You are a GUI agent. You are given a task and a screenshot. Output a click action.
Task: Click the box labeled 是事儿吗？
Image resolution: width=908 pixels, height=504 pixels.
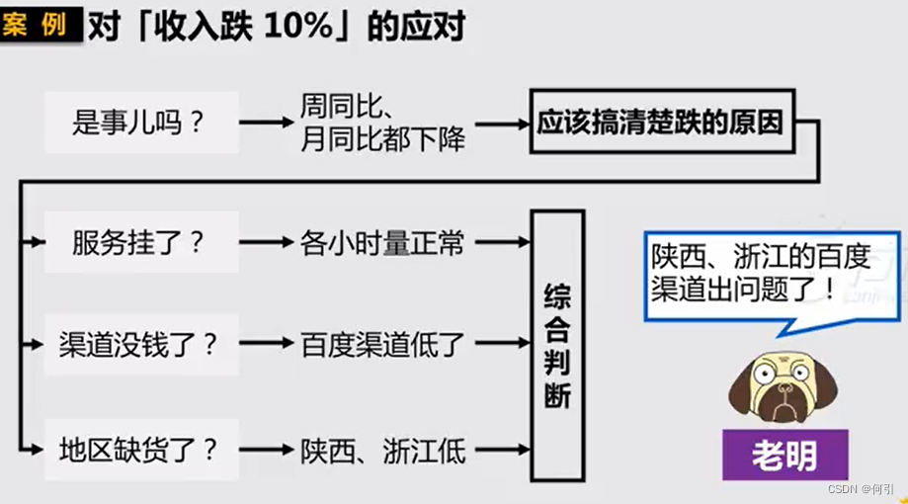pos(140,123)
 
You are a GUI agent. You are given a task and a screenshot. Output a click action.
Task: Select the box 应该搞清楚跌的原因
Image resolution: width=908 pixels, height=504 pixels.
pos(661,123)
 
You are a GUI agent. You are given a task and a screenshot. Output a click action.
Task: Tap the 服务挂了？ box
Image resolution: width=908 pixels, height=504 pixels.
pos(140,243)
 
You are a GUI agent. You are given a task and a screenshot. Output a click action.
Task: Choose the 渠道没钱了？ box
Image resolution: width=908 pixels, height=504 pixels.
pos(140,345)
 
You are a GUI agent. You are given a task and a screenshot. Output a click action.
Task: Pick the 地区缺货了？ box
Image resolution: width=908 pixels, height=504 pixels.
pos(140,451)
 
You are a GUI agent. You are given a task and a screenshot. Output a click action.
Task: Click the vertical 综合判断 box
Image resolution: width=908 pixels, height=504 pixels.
pos(557,346)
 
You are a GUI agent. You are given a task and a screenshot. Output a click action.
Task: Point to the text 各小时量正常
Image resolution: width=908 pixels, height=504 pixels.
pos(382,243)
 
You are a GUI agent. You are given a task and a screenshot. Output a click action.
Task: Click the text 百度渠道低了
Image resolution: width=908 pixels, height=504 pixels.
pos(382,345)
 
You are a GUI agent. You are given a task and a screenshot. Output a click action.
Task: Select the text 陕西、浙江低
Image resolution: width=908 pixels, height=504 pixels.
pos(382,451)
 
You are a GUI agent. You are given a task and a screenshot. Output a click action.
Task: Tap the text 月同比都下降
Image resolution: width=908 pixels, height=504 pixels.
pos(382,139)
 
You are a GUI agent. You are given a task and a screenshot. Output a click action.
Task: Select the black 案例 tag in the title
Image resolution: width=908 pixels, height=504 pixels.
pos(40,25)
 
